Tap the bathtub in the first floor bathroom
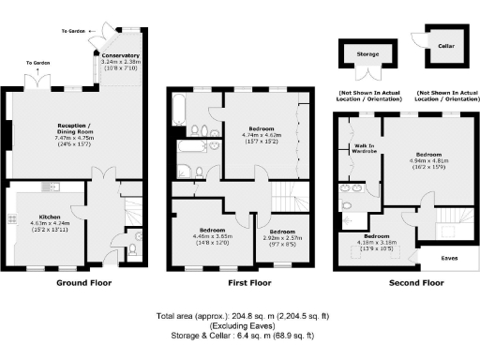click(x=187, y=148)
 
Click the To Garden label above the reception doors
click(x=37, y=63)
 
